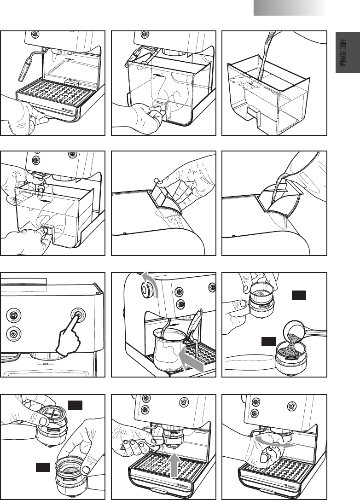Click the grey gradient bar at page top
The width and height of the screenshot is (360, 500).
(x=290, y=8)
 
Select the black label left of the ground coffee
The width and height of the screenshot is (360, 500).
(x=268, y=341)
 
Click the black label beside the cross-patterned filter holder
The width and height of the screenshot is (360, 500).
(x=75, y=405)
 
